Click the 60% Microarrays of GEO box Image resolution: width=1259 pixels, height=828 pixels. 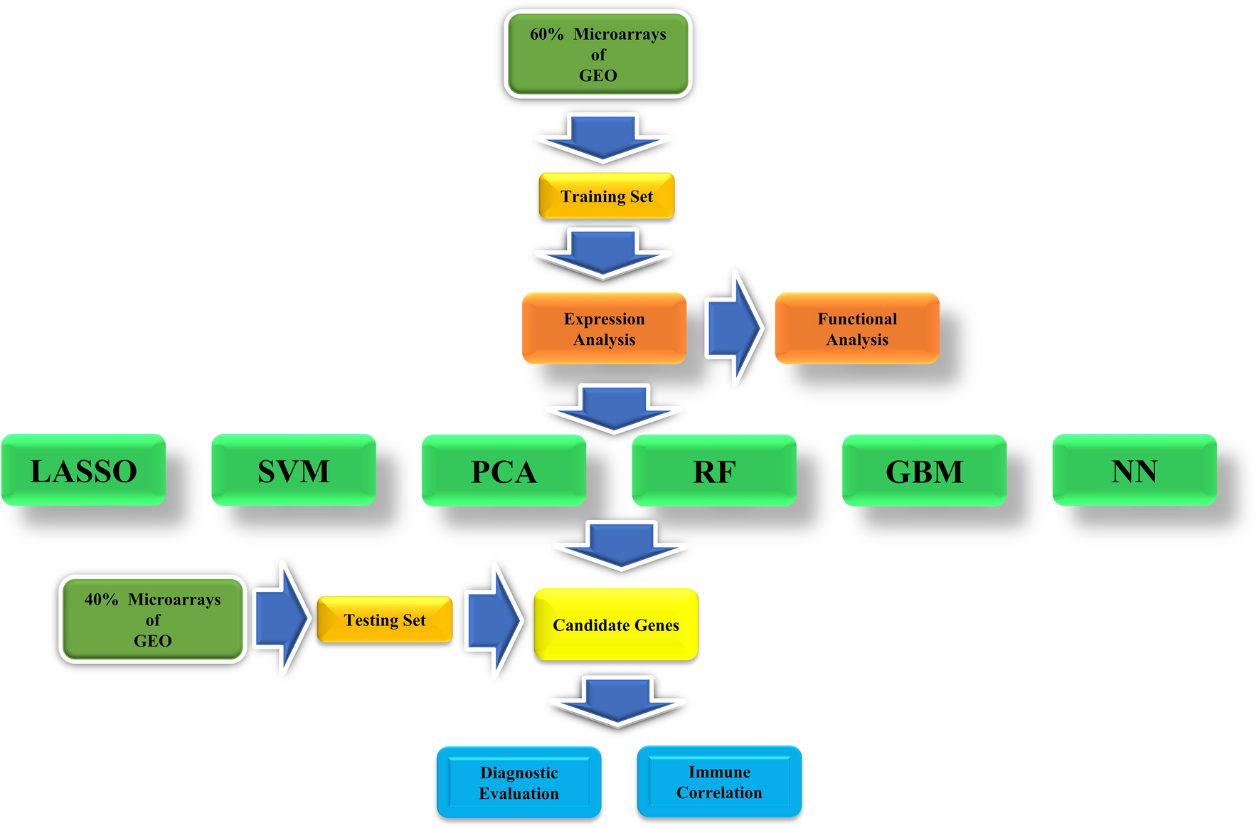[597, 54]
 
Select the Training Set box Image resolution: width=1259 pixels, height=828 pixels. [606, 196]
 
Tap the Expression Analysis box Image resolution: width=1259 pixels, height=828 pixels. [604, 329]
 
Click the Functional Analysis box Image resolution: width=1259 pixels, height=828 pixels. [856, 329]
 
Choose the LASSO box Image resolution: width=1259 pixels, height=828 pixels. [83, 470]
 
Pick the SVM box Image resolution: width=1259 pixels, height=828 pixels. [293, 470]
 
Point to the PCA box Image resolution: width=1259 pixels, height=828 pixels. [504, 471]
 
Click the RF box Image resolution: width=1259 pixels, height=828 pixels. [713, 471]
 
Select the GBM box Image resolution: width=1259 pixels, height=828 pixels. [924, 471]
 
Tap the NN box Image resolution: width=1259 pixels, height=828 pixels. [1134, 470]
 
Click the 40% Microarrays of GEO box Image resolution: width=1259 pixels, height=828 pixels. [152, 620]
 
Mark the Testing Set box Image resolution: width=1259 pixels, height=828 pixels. [384, 620]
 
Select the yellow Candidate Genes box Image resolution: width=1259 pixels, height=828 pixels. [615, 625]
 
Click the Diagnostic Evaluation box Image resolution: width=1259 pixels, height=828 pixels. [519, 782]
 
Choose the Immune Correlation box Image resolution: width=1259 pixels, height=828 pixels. [719, 782]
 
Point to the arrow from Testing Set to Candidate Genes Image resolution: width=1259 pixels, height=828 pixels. [493, 620]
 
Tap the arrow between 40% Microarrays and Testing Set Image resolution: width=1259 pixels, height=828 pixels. [282, 618]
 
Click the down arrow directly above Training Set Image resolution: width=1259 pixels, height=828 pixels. [603, 137]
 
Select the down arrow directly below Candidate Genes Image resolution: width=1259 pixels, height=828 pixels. [617, 701]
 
